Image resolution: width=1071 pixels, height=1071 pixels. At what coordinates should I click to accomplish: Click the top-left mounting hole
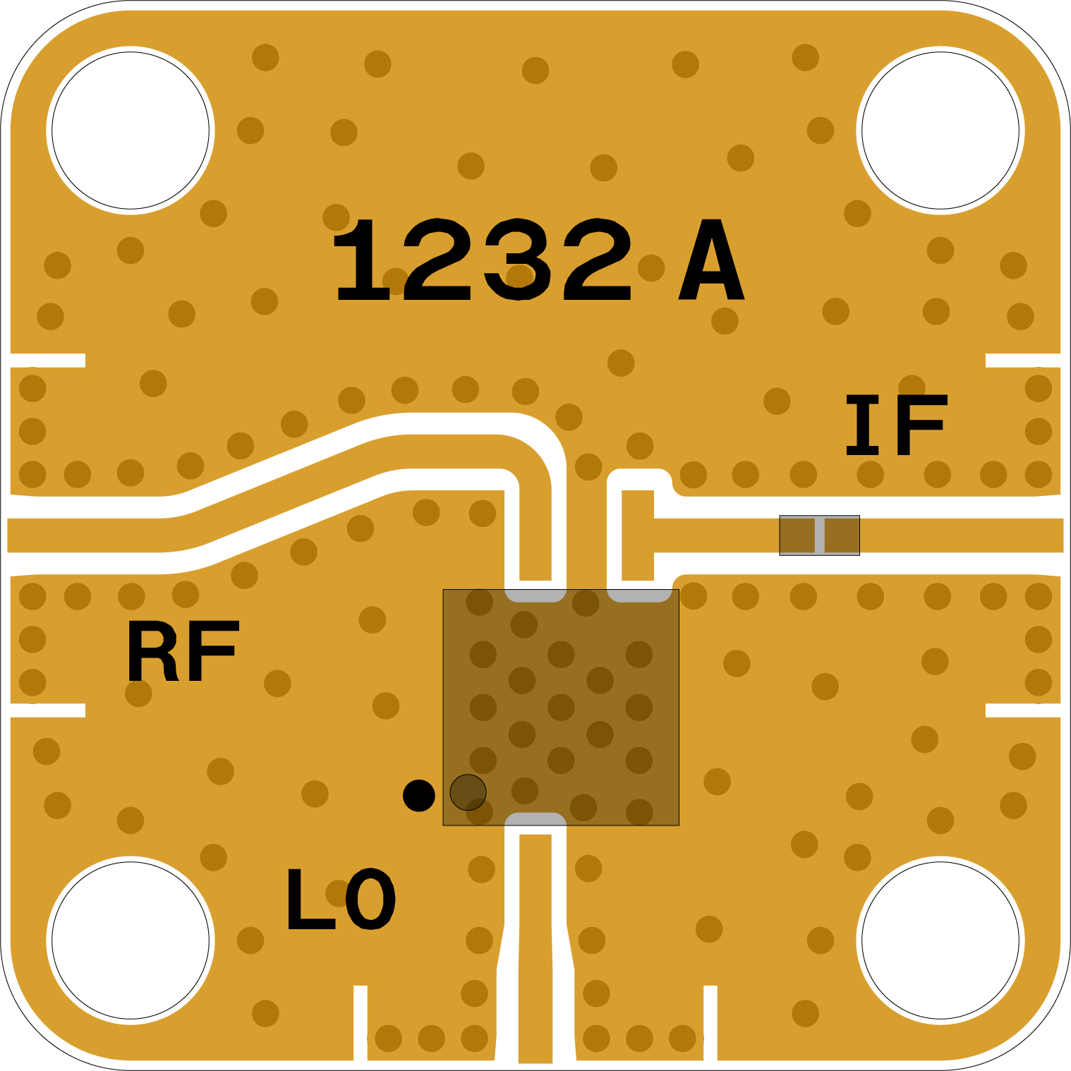tap(131, 131)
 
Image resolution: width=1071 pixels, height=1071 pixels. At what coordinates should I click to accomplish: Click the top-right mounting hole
tap(940, 131)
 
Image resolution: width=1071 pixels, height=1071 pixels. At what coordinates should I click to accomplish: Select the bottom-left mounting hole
tap(131, 940)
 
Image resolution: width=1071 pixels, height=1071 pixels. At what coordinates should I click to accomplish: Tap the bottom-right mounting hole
tap(940, 940)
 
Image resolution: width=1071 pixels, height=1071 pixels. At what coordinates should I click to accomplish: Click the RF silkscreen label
tap(183, 651)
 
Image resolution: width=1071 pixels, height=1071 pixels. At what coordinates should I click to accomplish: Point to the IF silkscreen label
tap(896, 425)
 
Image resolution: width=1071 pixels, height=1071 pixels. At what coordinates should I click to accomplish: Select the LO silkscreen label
tap(341, 898)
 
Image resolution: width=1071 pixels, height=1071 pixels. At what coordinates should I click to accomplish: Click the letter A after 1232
tap(711, 260)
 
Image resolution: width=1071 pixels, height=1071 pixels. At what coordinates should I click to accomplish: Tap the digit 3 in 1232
tap(519, 260)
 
